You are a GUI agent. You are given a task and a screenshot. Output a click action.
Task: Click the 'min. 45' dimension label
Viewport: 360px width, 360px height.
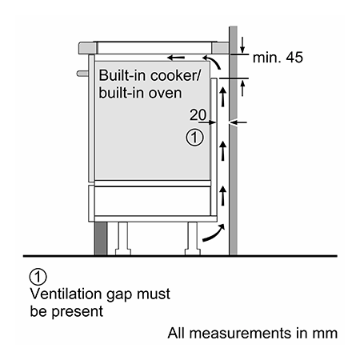pyautogui.click(x=278, y=58)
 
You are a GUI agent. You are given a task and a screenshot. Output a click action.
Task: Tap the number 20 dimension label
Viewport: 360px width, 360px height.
pyautogui.click(x=198, y=114)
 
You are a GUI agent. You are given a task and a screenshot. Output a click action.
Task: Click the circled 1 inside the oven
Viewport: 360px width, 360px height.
pyautogui.click(x=194, y=138)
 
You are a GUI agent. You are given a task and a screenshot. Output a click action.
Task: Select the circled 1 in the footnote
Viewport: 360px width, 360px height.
pyautogui.click(x=38, y=277)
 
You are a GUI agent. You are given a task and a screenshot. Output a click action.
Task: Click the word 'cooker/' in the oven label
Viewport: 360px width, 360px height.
pyautogui.click(x=175, y=75)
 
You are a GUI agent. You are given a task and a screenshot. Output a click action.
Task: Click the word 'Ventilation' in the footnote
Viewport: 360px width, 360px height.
pyautogui.click(x=66, y=294)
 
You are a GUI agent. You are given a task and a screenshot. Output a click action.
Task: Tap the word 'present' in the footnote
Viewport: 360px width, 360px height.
pyautogui.click(x=78, y=311)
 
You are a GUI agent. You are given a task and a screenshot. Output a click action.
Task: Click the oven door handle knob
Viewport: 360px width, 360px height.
pyautogui.click(x=82, y=74)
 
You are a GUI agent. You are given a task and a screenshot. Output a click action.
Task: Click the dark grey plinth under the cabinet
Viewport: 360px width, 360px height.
pyautogui.click(x=101, y=238)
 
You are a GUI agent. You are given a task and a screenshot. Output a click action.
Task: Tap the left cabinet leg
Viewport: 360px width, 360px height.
pyautogui.click(x=123, y=238)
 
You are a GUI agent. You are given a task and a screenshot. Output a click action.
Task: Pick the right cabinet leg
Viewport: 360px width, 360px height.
pyautogui.click(x=193, y=238)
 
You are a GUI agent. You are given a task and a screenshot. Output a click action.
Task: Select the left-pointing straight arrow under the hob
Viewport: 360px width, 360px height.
pyautogui.click(x=176, y=58)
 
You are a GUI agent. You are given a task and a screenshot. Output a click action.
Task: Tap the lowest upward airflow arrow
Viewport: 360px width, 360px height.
pyautogui.click(x=223, y=196)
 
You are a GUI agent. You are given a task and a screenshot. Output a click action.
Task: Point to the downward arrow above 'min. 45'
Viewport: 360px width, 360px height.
pyautogui.click(x=242, y=45)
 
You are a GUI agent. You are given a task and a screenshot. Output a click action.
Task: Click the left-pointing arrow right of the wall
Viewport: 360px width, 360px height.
pyautogui.click(x=238, y=122)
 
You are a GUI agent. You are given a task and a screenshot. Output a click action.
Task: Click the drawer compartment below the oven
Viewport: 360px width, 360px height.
pyautogui.click(x=153, y=201)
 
